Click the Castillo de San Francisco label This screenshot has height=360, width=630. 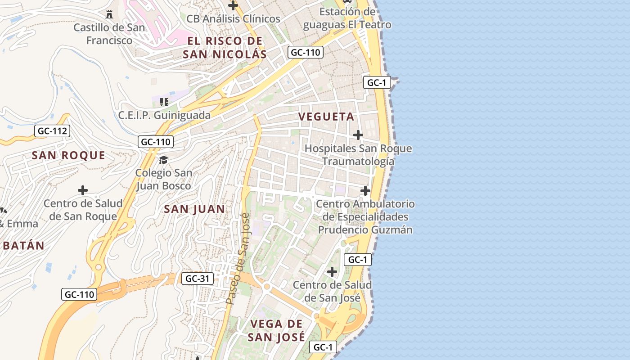point(109,34)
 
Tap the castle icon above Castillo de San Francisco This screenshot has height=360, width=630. point(109,14)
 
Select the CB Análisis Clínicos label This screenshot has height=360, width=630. point(233,19)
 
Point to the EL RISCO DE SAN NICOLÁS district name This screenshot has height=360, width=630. point(225,48)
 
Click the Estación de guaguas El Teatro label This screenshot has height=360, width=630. point(347,18)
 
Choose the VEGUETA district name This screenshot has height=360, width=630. point(326,117)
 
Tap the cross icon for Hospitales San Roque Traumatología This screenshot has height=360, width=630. point(358,135)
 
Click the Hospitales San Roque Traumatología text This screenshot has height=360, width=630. point(358,155)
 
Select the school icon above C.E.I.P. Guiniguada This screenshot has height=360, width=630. point(164,102)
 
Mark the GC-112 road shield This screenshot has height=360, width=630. point(52,131)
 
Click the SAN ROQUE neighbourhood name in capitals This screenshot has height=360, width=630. point(68,156)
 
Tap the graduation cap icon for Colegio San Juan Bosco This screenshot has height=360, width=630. point(163,160)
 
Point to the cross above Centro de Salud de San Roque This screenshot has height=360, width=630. point(83,190)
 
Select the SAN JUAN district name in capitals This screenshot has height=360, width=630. point(194,209)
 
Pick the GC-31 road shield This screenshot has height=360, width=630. point(198,279)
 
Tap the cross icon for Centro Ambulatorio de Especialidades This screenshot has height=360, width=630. point(365,191)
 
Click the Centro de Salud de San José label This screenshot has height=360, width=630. point(332,291)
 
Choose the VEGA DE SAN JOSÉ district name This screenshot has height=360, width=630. point(277,330)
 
